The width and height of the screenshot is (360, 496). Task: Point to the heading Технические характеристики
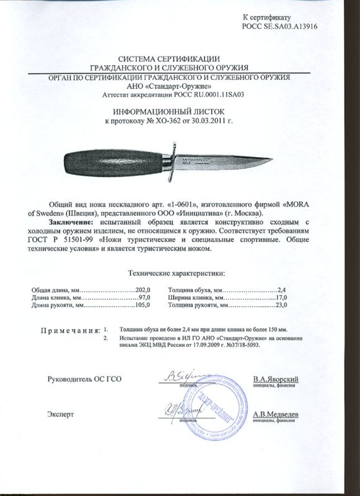coord(177,272)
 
